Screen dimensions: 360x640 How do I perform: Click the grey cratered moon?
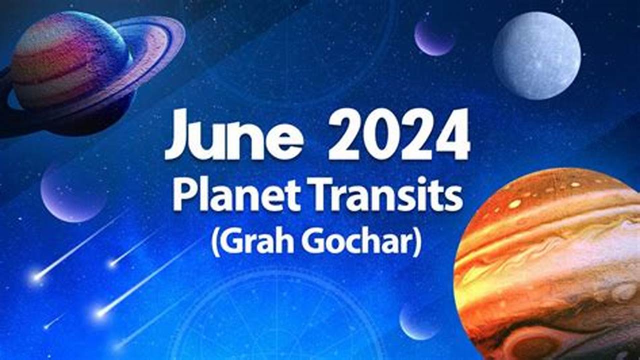536,55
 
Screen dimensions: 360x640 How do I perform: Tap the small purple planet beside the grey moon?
434,36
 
